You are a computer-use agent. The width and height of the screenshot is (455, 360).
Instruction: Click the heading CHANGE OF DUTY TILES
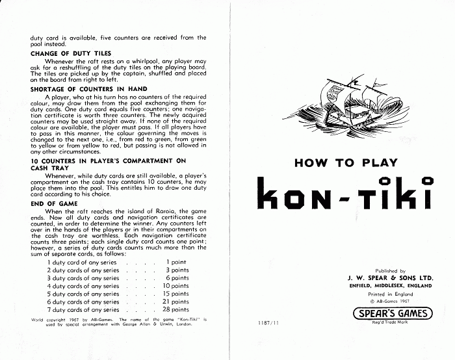pyautogui.click(x=71, y=53)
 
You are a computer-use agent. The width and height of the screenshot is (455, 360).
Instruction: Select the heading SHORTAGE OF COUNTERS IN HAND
pyautogui.click(x=89, y=88)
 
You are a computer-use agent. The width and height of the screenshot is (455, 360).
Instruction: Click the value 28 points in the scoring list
pyautogui.click(x=175, y=309)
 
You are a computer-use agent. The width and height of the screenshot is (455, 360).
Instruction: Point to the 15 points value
pyautogui.click(x=175, y=294)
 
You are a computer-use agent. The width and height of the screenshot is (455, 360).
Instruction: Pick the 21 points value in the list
pyautogui.click(x=175, y=302)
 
